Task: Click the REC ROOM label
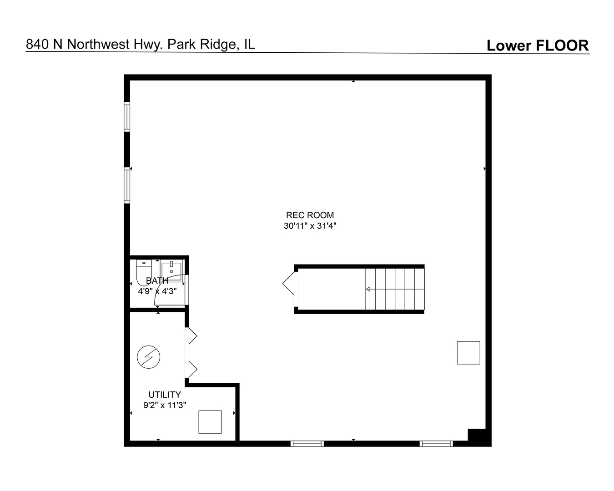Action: (x=310, y=215)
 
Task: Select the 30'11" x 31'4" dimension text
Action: (x=310, y=225)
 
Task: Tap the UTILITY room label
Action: (x=165, y=395)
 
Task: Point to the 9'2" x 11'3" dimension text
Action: (x=165, y=405)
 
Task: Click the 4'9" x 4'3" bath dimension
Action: (x=157, y=291)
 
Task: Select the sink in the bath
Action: (x=171, y=270)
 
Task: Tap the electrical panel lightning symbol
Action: (x=149, y=357)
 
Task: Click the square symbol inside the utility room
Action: (x=210, y=422)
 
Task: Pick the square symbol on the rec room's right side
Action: (x=468, y=352)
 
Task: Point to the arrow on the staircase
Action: (x=368, y=289)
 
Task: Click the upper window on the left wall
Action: (x=127, y=117)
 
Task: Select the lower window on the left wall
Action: (x=127, y=185)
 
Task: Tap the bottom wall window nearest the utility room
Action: (x=307, y=443)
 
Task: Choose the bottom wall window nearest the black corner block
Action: (x=436, y=443)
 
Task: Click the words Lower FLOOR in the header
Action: (x=538, y=45)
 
